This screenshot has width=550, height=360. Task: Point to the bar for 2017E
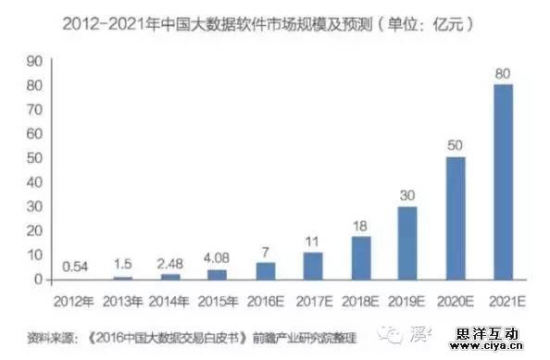pyautogui.click(x=312, y=266)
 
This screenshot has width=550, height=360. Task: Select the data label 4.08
pyautogui.click(x=217, y=258)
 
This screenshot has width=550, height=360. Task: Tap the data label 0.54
pyautogui.click(x=74, y=267)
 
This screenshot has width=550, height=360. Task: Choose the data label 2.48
pyautogui.click(x=169, y=263)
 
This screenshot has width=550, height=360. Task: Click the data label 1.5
pyautogui.click(x=121, y=265)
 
